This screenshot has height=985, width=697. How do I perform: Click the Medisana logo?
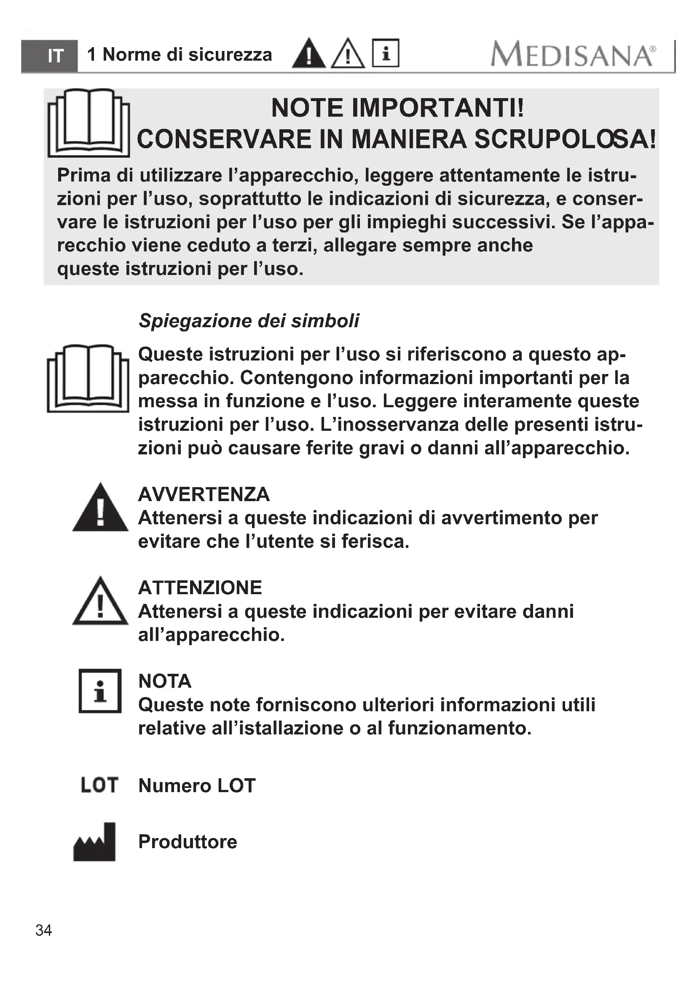pos(573,54)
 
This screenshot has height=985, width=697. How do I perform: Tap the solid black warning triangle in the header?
pos(308,54)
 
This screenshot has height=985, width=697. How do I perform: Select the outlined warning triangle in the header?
pos(348,54)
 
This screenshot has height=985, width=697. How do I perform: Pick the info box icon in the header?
pos(386,53)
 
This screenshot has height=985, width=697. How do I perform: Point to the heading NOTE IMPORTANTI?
pos(397,108)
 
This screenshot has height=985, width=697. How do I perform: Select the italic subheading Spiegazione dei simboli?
pos(249,320)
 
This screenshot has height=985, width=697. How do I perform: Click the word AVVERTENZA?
pos(204,494)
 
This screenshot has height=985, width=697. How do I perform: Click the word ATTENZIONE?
pos(200,587)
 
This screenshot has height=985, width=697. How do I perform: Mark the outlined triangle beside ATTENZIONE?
pos(100,602)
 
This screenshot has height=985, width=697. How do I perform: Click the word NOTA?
pos(165,681)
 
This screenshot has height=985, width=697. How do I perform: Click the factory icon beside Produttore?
pos(95,842)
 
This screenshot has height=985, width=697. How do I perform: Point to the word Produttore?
pos(188,842)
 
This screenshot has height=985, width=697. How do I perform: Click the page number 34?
pos(44,930)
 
